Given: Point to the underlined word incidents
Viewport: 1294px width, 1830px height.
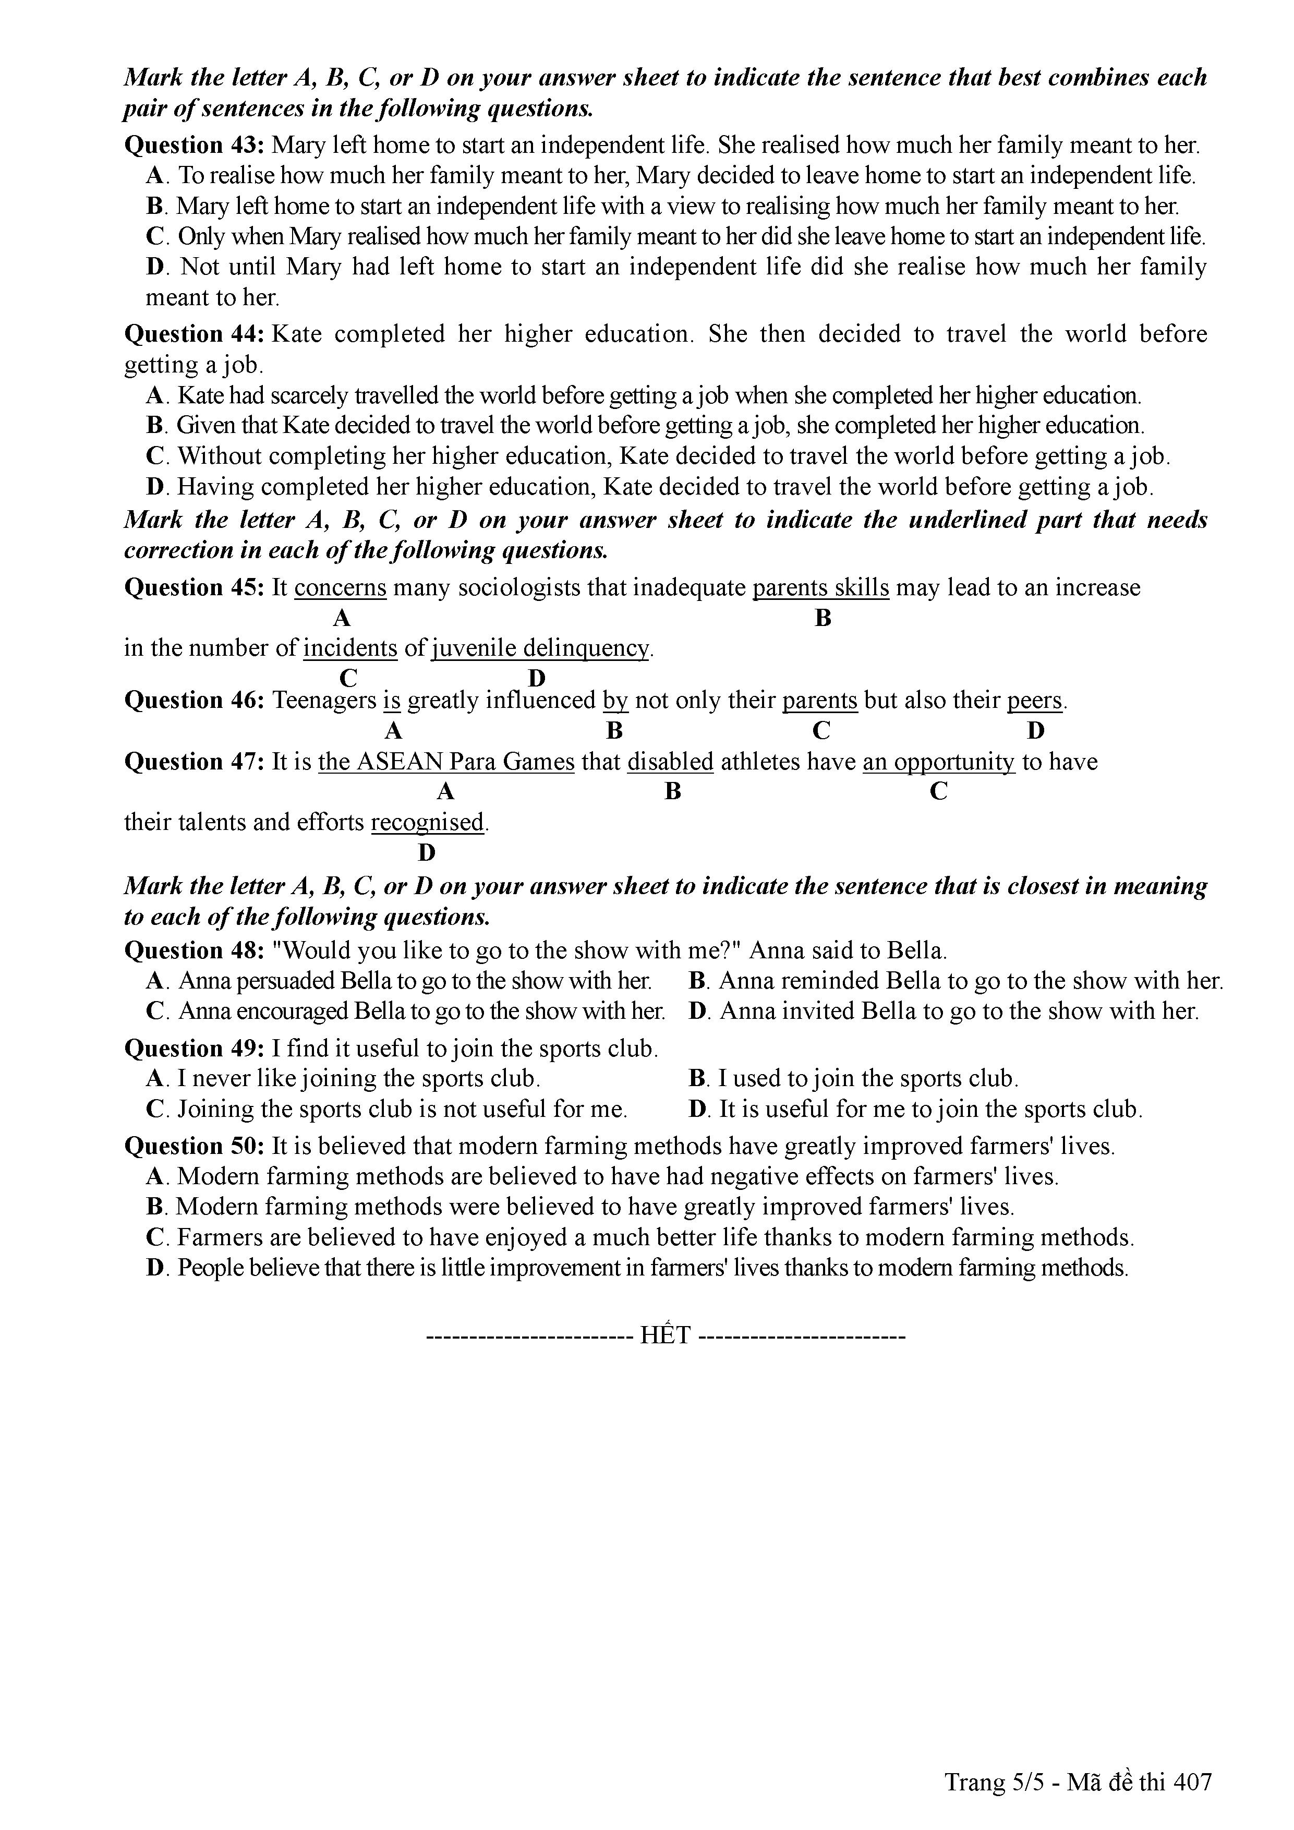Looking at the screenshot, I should pos(350,648).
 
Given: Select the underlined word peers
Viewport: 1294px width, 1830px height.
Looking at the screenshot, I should pos(1035,701).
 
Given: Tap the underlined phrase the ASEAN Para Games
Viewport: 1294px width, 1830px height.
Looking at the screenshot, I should pos(446,762).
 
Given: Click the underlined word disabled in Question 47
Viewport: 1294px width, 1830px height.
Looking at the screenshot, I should pos(670,762).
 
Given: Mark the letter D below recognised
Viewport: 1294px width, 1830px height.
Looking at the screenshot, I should pos(427,853).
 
